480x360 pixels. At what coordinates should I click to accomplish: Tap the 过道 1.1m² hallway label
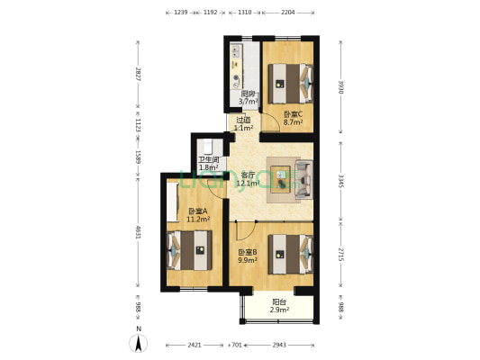point(243,123)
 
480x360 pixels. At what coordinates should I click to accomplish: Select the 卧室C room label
point(293,117)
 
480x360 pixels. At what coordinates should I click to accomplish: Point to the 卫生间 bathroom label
point(209,163)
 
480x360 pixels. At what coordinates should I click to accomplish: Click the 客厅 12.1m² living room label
point(248,179)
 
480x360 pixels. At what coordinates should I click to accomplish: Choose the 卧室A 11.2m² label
point(198,215)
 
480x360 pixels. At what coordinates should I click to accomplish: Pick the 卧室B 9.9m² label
point(248,256)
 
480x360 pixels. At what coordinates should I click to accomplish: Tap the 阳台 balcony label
point(280,306)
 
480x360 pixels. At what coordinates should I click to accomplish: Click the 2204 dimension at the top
point(288,13)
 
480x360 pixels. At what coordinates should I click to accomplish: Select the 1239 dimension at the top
point(181,13)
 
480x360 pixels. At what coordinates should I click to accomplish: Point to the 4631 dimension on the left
point(138,232)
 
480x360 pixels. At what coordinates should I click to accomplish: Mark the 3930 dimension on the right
point(340,86)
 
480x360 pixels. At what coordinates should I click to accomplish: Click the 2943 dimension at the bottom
point(279,345)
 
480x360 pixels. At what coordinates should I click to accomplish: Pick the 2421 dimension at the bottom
point(195,345)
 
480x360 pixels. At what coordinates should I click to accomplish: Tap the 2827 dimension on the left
point(138,75)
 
